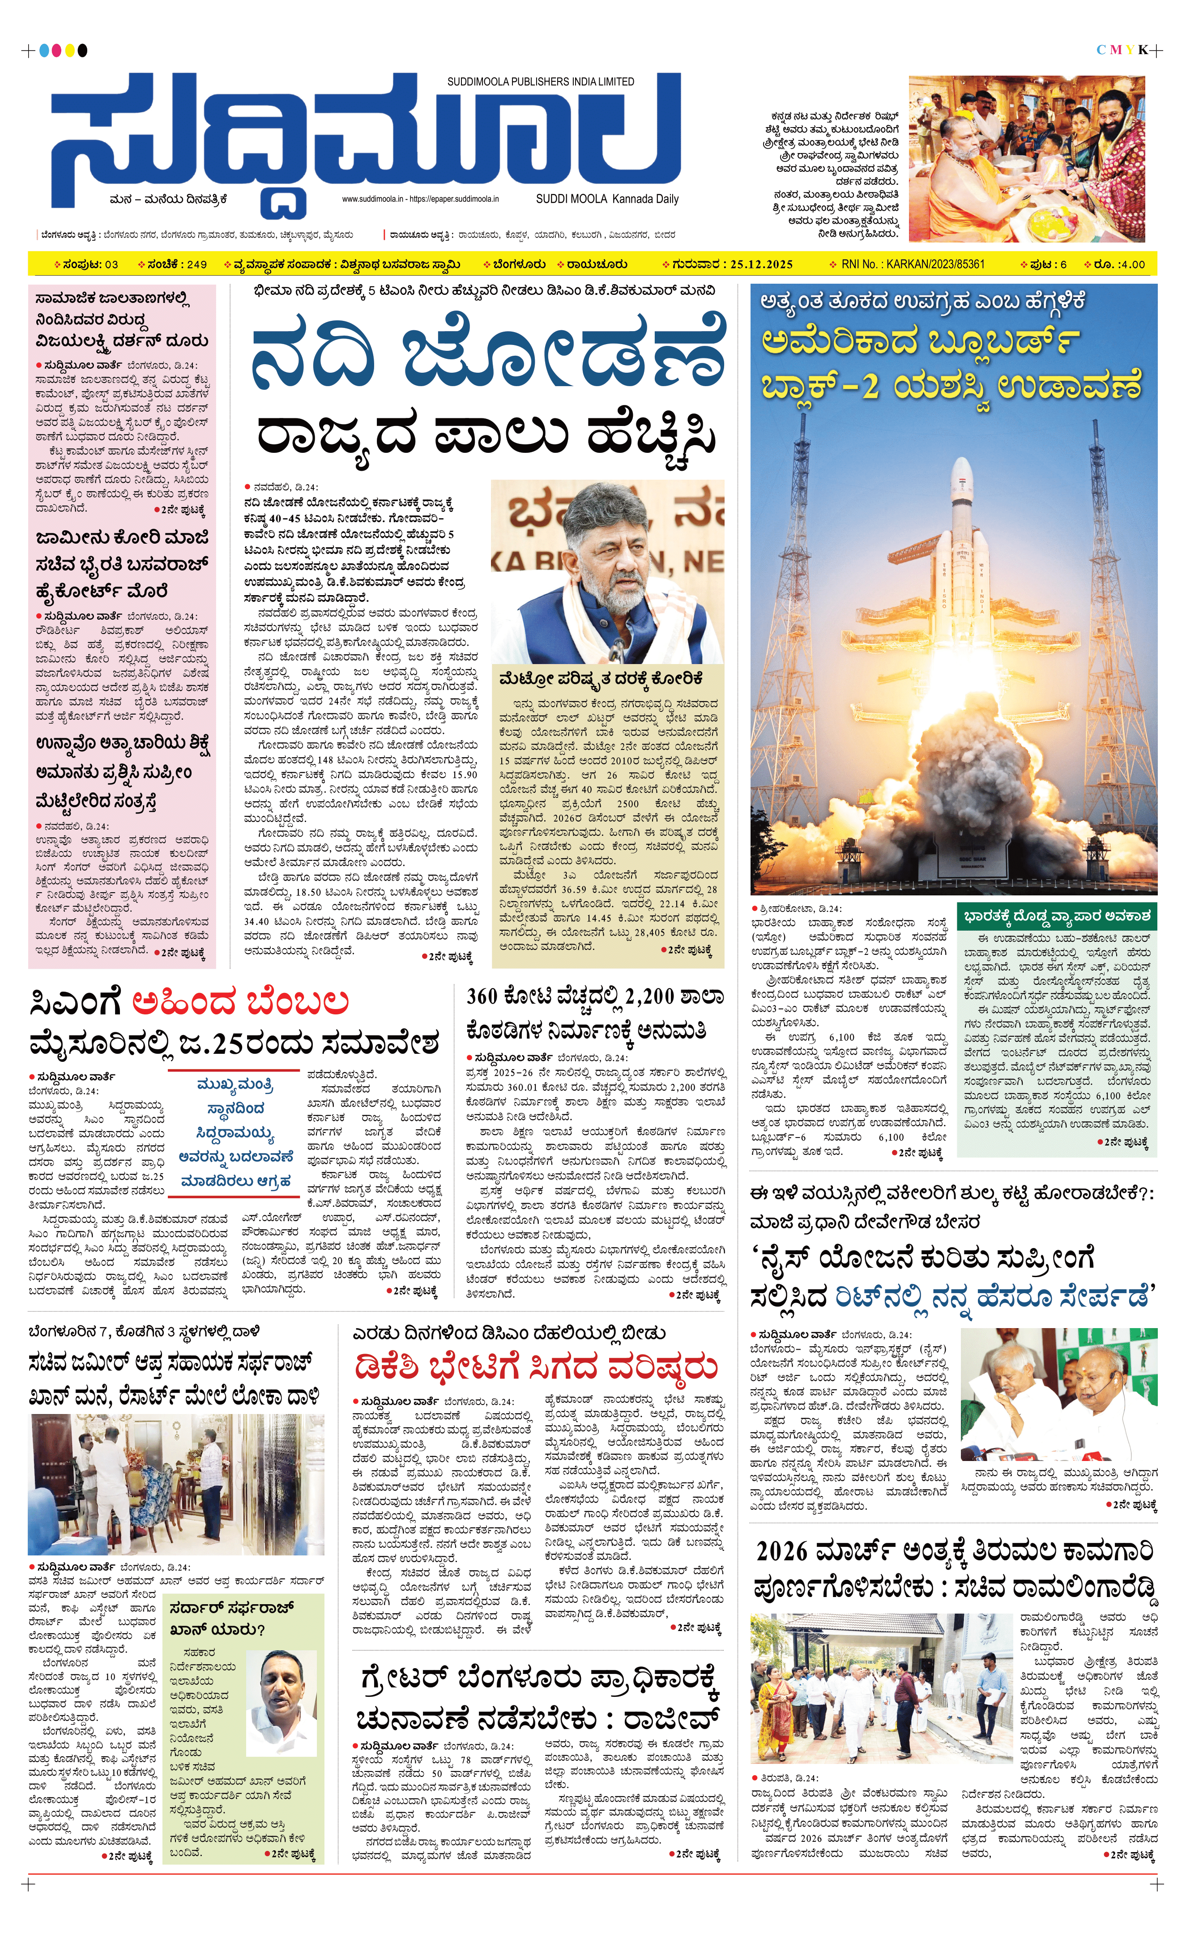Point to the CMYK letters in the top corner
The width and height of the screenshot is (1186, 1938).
[1123, 50]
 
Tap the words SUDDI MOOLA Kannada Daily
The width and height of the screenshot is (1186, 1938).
[607, 199]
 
